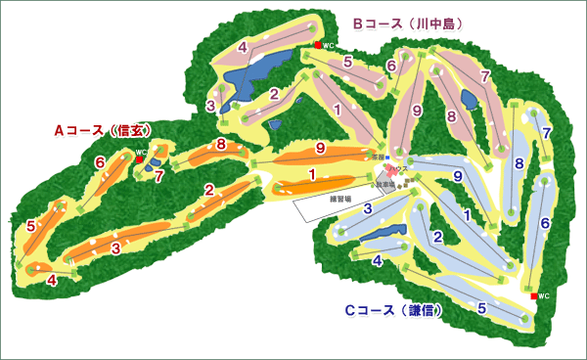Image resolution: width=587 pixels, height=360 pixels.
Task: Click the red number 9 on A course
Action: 320,149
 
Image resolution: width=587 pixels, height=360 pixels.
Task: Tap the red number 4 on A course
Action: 52,281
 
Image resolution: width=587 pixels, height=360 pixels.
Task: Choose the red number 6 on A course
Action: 100,161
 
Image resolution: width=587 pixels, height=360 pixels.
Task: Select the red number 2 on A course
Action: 208,190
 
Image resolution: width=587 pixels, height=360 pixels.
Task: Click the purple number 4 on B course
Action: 242,47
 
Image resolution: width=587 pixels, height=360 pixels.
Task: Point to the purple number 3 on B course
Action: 210,105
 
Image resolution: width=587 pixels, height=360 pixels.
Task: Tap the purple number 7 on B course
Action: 485,76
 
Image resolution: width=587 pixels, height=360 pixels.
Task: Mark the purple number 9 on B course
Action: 417,112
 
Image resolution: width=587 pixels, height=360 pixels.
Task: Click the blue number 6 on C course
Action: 545,223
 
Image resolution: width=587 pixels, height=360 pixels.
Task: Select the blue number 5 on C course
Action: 482,307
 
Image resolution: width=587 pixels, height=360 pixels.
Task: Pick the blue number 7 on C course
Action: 546,133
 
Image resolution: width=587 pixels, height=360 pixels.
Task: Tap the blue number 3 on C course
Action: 368,208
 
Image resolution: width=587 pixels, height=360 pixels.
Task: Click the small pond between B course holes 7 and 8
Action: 468,99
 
